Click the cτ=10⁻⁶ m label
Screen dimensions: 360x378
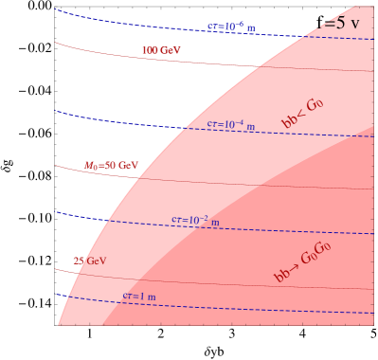click(x=231, y=27)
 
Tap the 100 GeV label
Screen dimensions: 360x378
click(x=160, y=50)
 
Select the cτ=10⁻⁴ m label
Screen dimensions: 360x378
click(x=231, y=124)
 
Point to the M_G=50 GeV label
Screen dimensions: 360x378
click(x=111, y=166)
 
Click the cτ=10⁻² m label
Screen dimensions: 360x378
click(x=195, y=220)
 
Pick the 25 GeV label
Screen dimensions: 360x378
click(x=89, y=261)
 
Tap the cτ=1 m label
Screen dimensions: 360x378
click(x=138, y=297)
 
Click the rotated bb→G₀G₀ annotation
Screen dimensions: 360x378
click(x=302, y=262)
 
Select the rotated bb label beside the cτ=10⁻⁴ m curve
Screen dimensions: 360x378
click(x=303, y=114)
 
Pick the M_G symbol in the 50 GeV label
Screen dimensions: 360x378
click(x=92, y=166)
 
